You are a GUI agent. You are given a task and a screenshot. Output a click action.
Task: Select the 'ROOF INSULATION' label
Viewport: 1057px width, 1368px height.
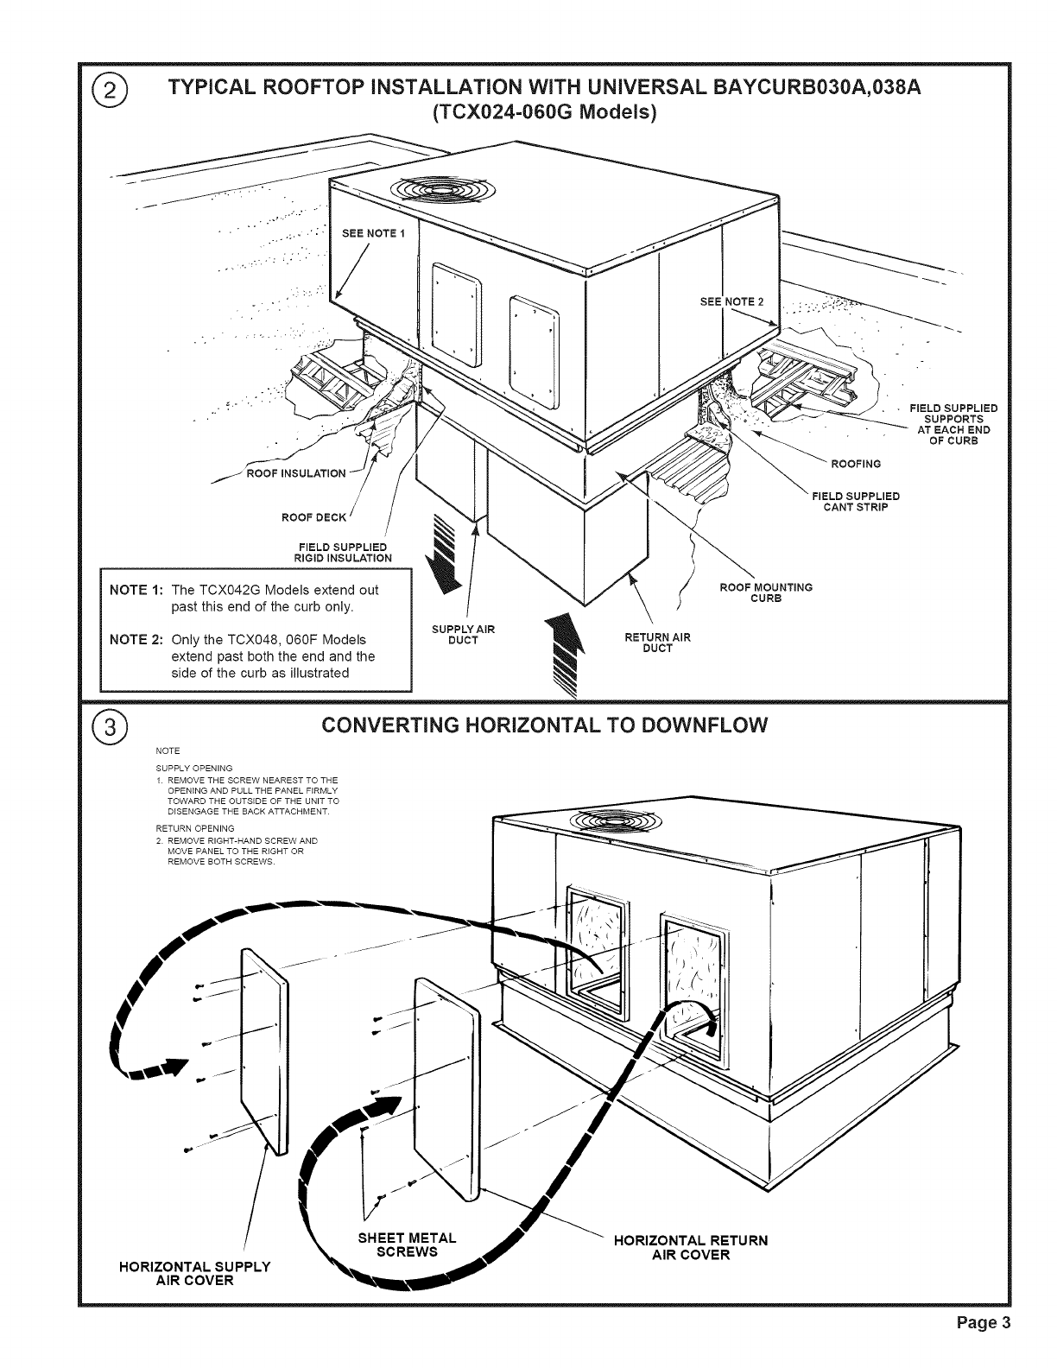pyautogui.click(x=296, y=472)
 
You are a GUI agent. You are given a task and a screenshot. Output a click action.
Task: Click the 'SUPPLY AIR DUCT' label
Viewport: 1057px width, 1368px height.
pyautogui.click(x=464, y=634)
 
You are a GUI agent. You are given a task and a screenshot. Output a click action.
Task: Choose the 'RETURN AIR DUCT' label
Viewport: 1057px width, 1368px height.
pyautogui.click(x=657, y=643)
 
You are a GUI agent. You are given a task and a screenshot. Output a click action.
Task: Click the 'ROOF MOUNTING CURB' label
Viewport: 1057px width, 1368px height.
pyautogui.click(x=766, y=592)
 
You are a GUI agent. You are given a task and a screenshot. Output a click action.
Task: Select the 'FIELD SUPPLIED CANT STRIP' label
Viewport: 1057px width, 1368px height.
pyautogui.click(x=855, y=501)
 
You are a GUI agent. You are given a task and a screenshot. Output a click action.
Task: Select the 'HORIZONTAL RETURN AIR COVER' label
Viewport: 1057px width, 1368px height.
pyautogui.click(x=689, y=1247)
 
